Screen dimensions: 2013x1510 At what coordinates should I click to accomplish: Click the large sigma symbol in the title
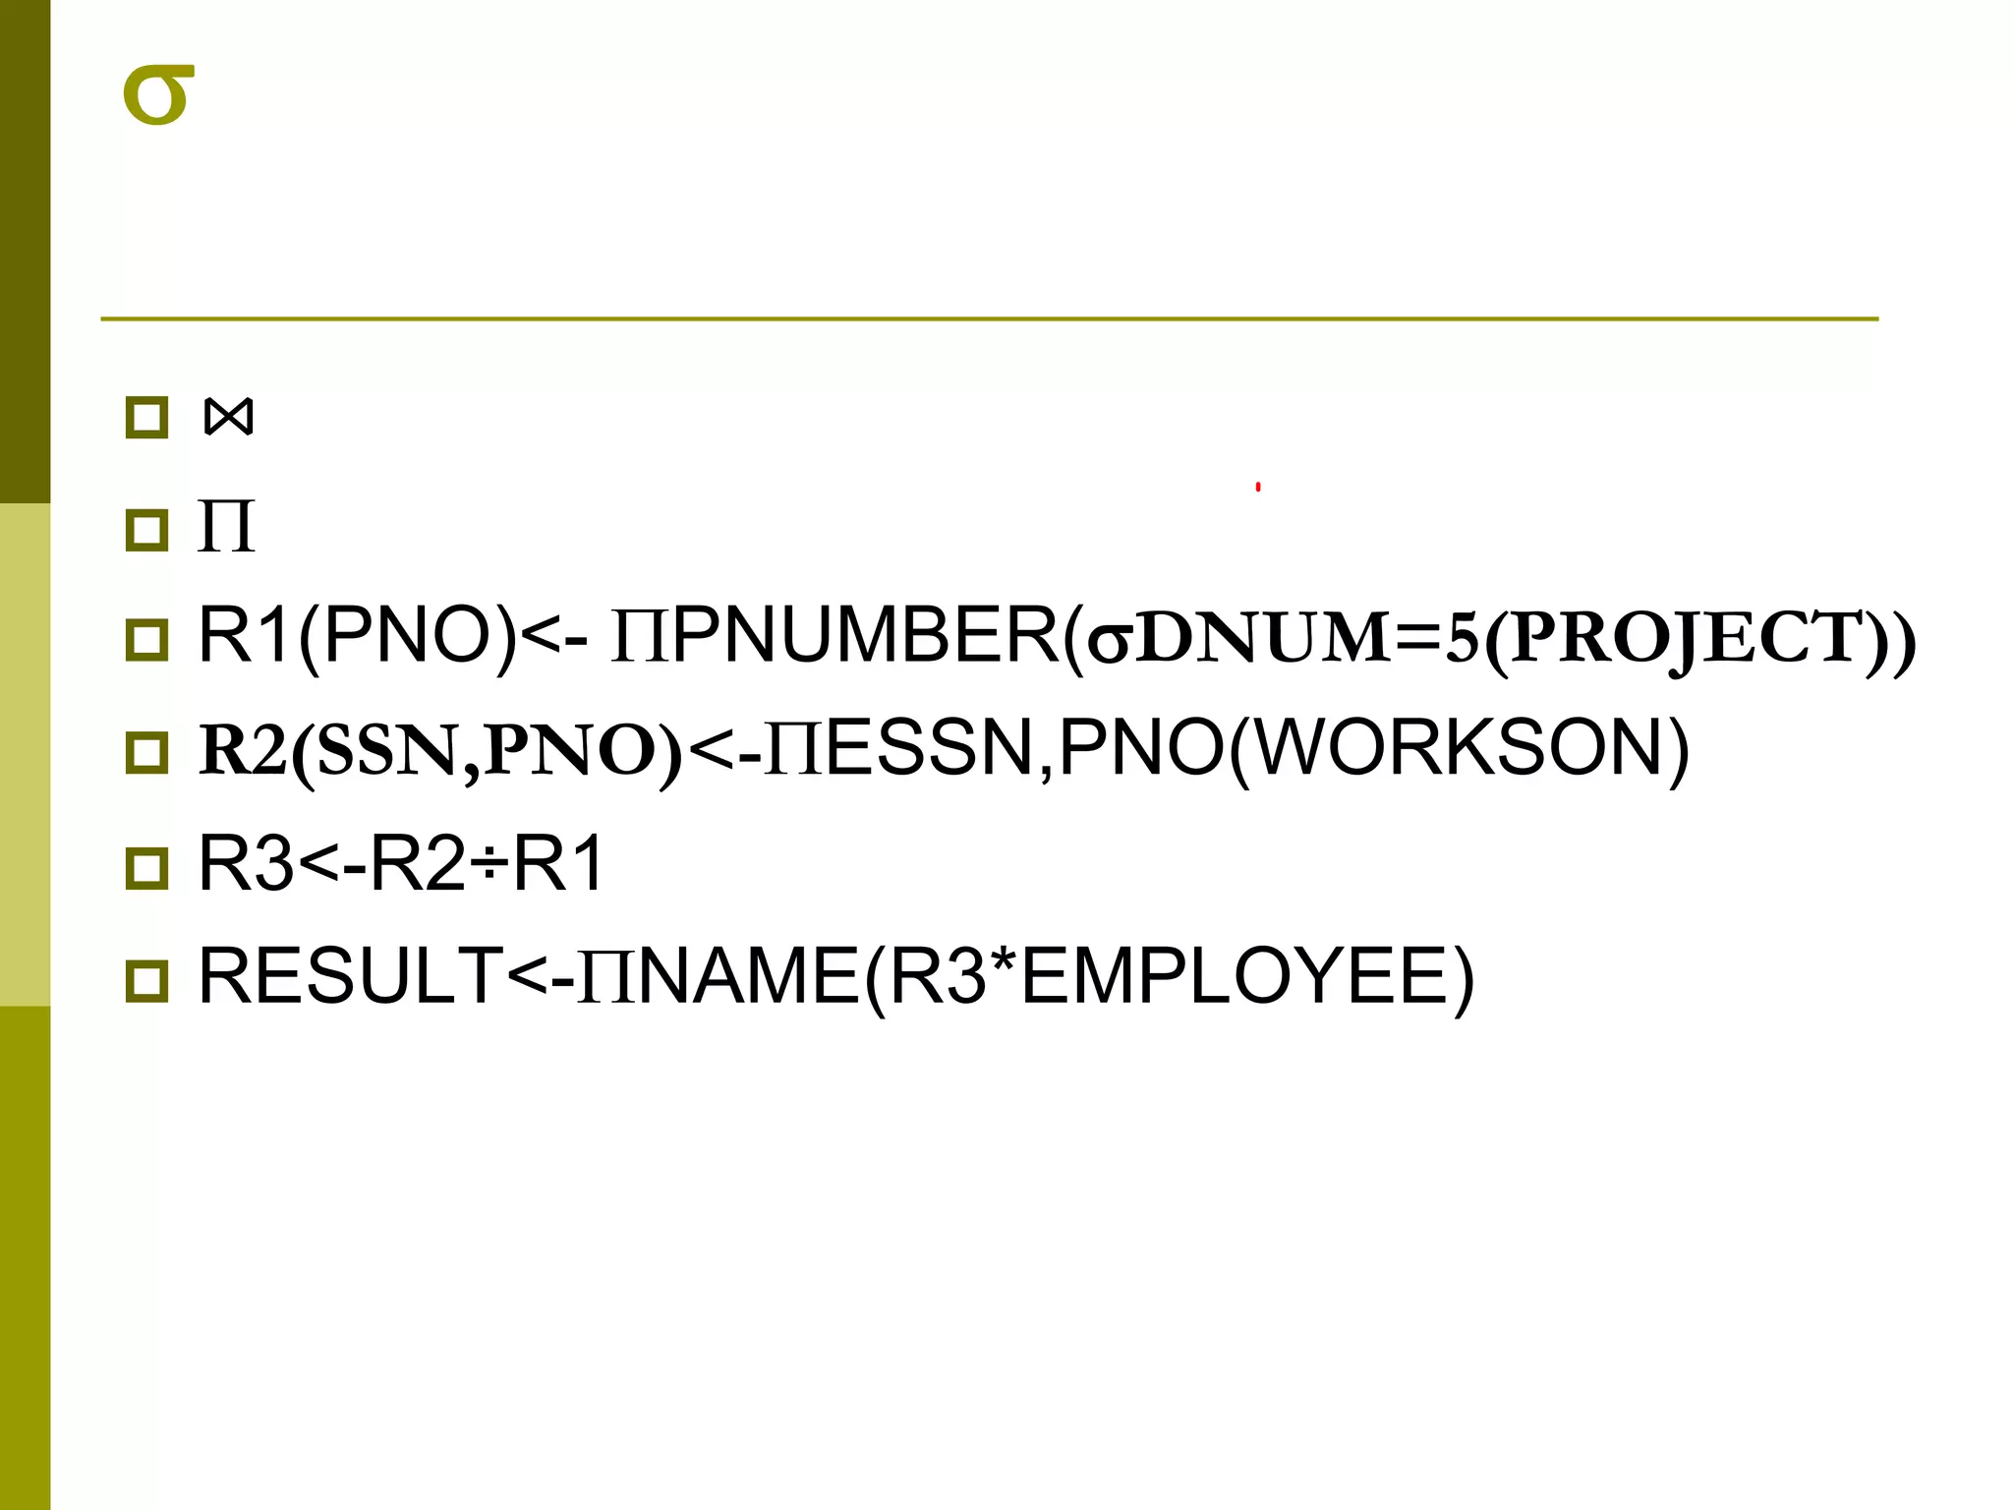pos(158,95)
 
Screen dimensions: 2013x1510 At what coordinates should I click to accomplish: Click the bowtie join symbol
pos(228,417)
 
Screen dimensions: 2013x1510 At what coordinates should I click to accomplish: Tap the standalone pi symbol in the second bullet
pos(226,527)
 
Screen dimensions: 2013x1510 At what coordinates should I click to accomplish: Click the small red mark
pos(1258,487)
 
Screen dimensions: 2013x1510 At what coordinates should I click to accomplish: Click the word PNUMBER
pos(865,637)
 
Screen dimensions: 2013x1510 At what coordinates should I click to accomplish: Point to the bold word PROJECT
pos(1686,639)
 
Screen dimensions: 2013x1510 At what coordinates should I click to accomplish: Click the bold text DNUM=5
pos(1307,639)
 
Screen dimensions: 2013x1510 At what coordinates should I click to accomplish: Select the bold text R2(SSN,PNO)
pos(439,751)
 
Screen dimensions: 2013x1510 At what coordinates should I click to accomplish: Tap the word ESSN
pos(929,749)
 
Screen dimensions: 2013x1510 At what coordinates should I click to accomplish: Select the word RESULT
pos(351,976)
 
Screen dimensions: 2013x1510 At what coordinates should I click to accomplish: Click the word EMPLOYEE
pos(1234,976)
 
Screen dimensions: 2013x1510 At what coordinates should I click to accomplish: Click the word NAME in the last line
pos(749,976)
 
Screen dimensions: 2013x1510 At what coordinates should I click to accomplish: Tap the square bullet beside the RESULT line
pos(147,981)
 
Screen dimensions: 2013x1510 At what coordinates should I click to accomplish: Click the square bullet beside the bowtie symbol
pos(147,418)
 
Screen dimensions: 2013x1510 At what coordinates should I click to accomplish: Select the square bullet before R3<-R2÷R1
pos(147,868)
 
